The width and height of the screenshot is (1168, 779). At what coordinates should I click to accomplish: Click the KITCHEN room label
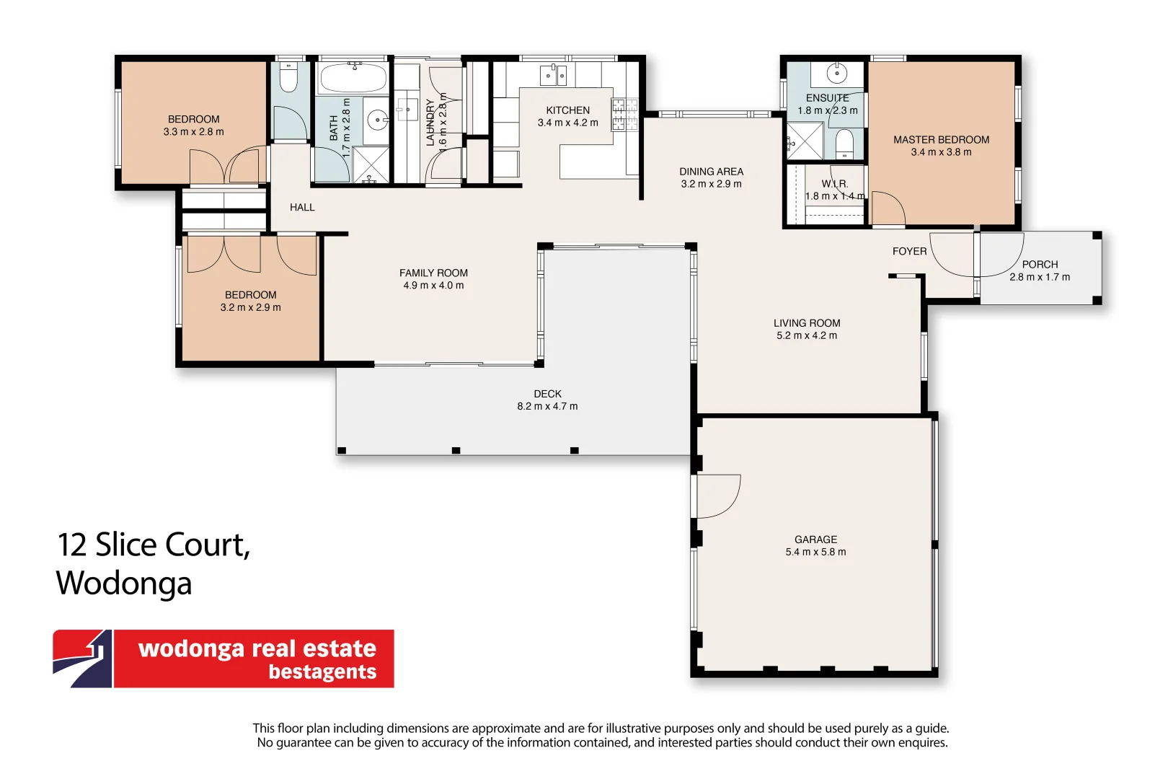pos(567,110)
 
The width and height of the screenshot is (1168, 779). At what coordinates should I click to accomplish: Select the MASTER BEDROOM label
pos(941,140)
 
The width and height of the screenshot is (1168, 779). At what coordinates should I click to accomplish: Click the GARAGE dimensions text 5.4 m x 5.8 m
pos(815,552)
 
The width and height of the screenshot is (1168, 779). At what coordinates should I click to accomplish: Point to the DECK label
pos(547,394)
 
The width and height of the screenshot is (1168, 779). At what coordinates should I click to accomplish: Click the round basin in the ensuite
pos(836,73)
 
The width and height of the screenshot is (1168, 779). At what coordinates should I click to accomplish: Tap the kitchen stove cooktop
pos(625,115)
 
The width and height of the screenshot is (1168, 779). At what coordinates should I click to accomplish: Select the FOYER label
pos(909,251)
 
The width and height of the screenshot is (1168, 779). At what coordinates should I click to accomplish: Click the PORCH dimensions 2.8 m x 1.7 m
pos(1039,277)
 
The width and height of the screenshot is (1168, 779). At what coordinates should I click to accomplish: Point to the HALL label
pos(302,208)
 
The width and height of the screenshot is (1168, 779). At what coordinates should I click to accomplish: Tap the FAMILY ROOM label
pos(433,273)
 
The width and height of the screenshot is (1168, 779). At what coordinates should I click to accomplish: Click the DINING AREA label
pos(711,172)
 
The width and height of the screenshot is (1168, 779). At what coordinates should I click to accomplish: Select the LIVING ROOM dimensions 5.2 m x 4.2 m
pos(806,335)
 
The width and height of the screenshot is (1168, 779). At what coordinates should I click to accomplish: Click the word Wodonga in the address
pos(124,583)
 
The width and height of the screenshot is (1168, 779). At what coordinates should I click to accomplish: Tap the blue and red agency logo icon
pos(82,659)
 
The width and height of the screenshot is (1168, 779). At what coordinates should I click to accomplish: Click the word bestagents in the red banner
pos(322,672)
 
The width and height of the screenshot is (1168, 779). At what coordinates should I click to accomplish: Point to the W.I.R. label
pos(834,184)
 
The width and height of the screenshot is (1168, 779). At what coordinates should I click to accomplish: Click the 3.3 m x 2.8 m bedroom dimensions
pos(193,132)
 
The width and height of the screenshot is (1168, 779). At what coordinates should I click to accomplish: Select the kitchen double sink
pos(553,75)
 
